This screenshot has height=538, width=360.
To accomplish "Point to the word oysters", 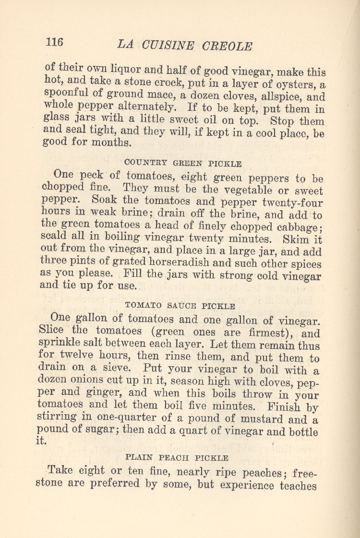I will [296, 84].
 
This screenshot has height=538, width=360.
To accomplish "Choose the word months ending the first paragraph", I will [113, 143].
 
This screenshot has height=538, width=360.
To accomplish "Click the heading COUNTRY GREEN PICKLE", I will [183, 163].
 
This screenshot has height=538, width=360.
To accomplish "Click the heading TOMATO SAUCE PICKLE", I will [180, 305].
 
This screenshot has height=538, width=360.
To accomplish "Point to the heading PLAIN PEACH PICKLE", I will [177, 458].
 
